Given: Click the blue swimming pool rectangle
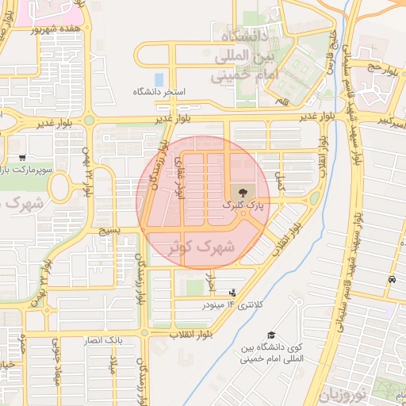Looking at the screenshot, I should [159, 79].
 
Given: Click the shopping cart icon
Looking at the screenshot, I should [24, 158].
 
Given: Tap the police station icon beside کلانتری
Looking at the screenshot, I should [232, 294].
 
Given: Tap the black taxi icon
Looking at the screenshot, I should [393, 280].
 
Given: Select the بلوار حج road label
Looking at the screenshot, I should [378, 70].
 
